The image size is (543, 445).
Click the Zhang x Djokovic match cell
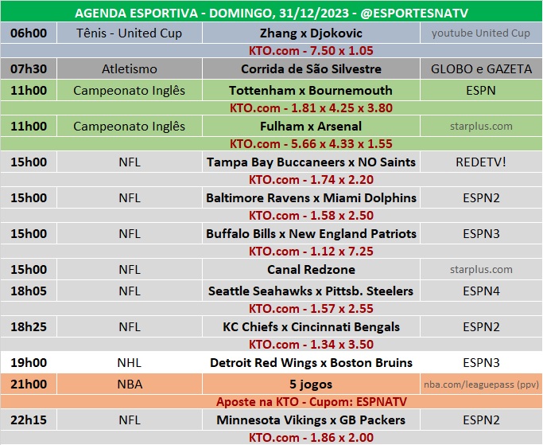coord(311,33)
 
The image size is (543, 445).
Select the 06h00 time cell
coord(29,33)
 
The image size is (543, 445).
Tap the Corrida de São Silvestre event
coord(311,69)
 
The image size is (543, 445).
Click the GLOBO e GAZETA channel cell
coord(481,69)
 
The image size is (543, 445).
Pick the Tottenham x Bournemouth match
coord(311,90)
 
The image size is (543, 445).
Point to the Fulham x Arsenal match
coord(311,126)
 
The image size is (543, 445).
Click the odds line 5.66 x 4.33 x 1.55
coord(311,144)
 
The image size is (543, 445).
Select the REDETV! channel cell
coord(481,162)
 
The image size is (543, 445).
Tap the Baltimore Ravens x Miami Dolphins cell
coord(311,197)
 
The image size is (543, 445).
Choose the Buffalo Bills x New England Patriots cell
coord(311,234)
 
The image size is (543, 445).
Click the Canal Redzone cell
coord(311,270)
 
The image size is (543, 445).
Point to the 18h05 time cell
coord(29,291)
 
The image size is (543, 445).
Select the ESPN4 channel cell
coord(481,291)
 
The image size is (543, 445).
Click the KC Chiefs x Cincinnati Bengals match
coord(311,326)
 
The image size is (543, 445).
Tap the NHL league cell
coord(130,363)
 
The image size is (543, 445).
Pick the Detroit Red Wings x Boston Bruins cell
coord(311,363)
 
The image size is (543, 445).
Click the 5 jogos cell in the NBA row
coord(311,384)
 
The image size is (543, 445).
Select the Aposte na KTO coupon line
coord(311,402)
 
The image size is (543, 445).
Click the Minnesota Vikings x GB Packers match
coord(311,420)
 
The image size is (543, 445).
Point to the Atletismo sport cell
coord(130,69)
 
